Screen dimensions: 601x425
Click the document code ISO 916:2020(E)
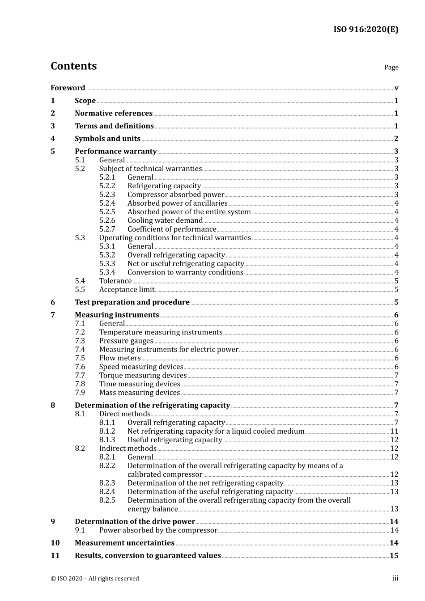365,30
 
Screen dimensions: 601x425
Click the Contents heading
73,66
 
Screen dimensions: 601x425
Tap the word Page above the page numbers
391,68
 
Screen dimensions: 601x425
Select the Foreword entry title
68,88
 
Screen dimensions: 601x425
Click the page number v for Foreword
396,88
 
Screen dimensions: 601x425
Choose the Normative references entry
114,114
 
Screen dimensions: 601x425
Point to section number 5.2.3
107,195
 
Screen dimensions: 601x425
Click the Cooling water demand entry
165,220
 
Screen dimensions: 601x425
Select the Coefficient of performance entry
172,229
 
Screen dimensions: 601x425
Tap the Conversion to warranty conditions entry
185,272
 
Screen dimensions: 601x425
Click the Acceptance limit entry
127,290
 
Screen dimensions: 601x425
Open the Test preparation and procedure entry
132,302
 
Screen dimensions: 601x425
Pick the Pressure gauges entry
126,341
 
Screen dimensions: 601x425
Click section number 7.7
80,376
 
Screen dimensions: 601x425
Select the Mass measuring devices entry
140,393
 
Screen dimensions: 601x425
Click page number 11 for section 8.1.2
394,432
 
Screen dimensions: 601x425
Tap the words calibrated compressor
165,474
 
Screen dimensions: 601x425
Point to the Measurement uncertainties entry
124,543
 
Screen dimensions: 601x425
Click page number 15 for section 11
394,556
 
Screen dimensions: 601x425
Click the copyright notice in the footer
95,579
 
